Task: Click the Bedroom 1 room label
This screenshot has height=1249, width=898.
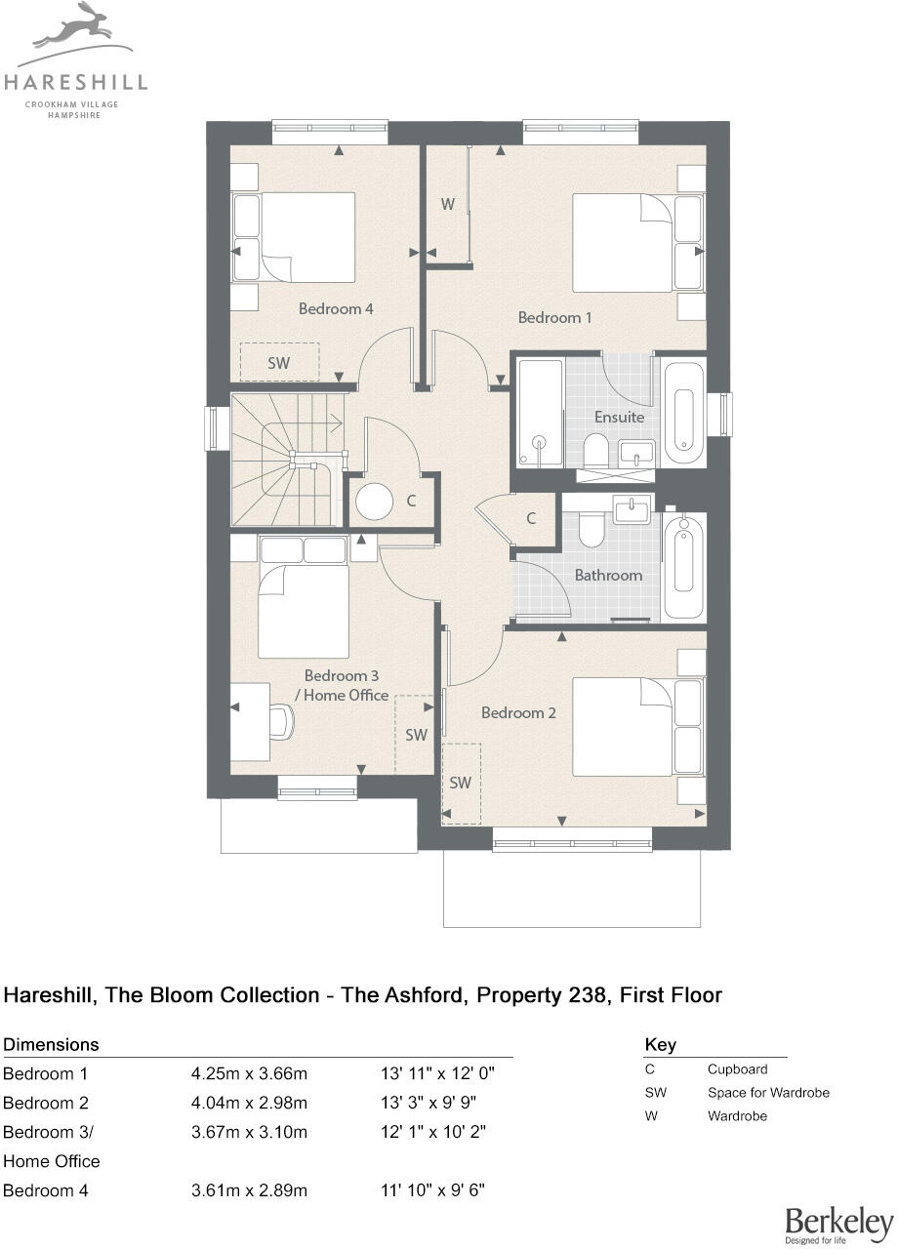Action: [x=554, y=317]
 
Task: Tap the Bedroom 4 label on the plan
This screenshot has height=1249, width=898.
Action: [x=336, y=308]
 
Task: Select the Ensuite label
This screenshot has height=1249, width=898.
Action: [x=620, y=417]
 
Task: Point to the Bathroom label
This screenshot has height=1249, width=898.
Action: [x=608, y=575]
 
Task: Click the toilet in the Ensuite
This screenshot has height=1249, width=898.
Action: [x=595, y=451]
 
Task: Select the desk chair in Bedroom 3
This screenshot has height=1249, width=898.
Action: [x=280, y=722]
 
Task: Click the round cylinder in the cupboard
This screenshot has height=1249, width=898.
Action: [x=374, y=501]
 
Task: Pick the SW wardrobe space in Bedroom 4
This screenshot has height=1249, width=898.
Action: [x=279, y=362]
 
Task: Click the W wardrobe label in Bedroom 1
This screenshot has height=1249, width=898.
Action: [x=447, y=205]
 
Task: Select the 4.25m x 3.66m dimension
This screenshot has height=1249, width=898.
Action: [x=249, y=1074]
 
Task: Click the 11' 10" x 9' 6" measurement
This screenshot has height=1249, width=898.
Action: [x=432, y=1190]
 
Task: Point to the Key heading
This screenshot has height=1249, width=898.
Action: [x=661, y=1045]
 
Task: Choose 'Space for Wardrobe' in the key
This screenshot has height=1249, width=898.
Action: [x=768, y=1092]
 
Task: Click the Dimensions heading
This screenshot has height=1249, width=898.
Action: [x=52, y=1044]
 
